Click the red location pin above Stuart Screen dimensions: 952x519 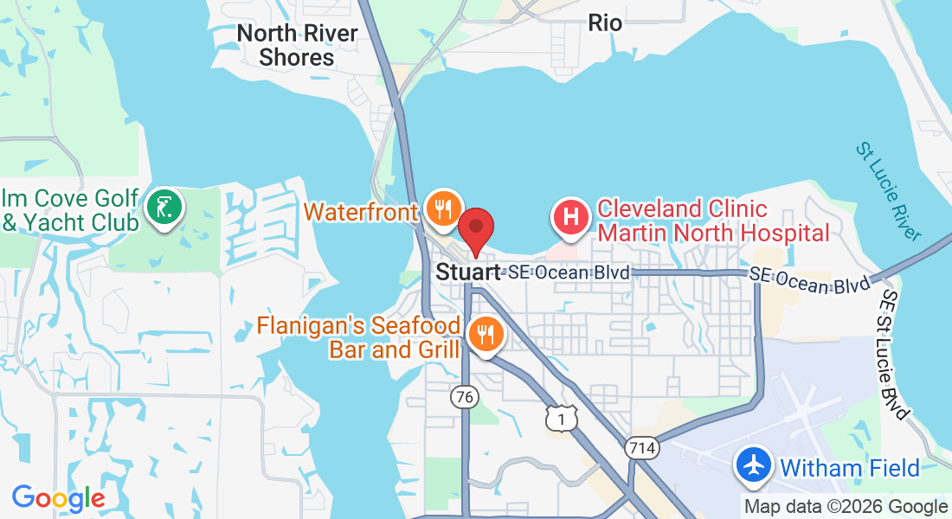[475, 229]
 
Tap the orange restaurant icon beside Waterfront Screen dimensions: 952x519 [442, 208]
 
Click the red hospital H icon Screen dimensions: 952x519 [571, 216]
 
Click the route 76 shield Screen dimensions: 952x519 [465, 397]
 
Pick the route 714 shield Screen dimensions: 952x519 [640, 448]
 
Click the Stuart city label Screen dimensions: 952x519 [468, 272]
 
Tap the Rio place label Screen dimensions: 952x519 [605, 23]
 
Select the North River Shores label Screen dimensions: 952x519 [297, 46]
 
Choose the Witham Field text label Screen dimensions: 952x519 [849, 469]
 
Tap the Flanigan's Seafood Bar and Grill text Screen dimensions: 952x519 [359, 338]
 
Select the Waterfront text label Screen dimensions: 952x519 [362, 212]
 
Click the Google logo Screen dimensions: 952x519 [58, 498]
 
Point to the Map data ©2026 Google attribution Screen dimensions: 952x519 [846, 507]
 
